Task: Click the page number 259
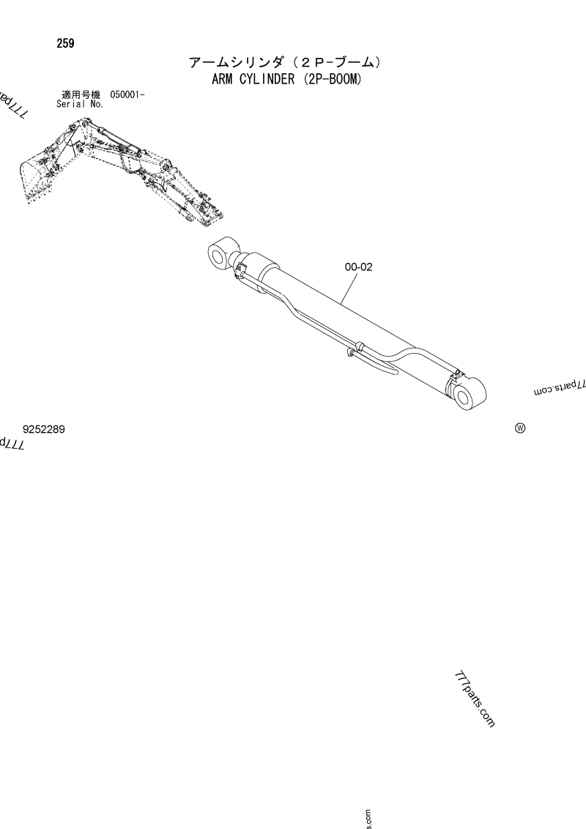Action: pyautogui.click(x=64, y=43)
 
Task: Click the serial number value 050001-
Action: pyautogui.click(x=127, y=94)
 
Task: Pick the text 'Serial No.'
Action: pyautogui.click(x=80, y=104)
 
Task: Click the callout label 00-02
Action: pyautogui.click(x=359, y=267)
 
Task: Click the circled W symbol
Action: pyautogui.click(x=520, y=428)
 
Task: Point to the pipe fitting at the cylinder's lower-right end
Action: pyautogui.click(x=453, y=374)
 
